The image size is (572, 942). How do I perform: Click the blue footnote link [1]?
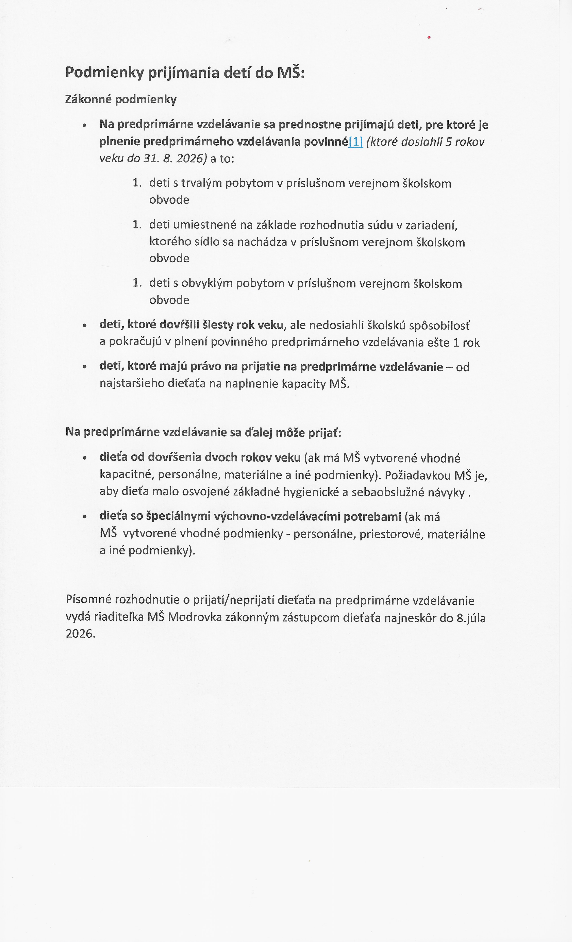click(356, 142)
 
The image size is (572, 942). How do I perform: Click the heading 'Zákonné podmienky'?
click(121, 99)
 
